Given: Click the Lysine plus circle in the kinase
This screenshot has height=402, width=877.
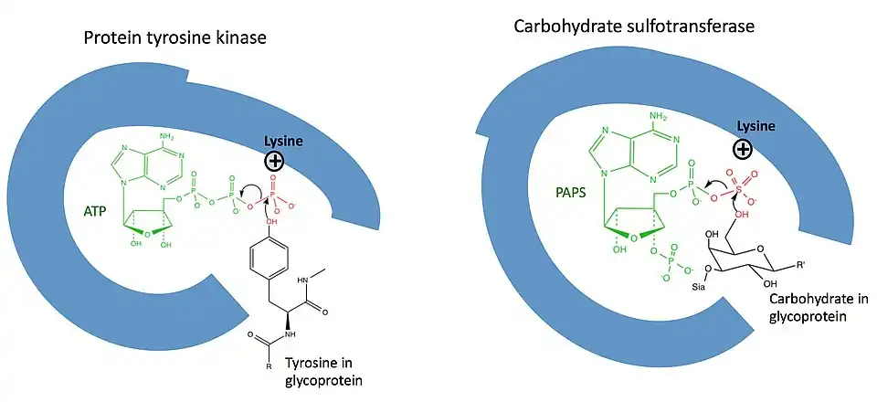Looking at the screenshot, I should pos(273,163).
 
